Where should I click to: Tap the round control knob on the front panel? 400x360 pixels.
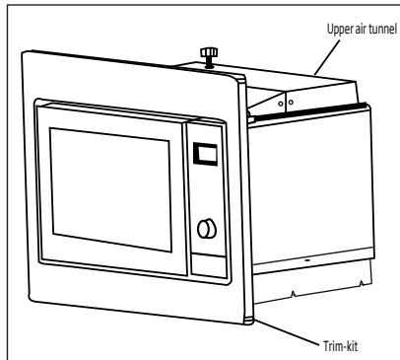pyautogui.click(x=206, y=229)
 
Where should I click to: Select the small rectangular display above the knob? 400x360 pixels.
pyautogui.click(x=205, y=153)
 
